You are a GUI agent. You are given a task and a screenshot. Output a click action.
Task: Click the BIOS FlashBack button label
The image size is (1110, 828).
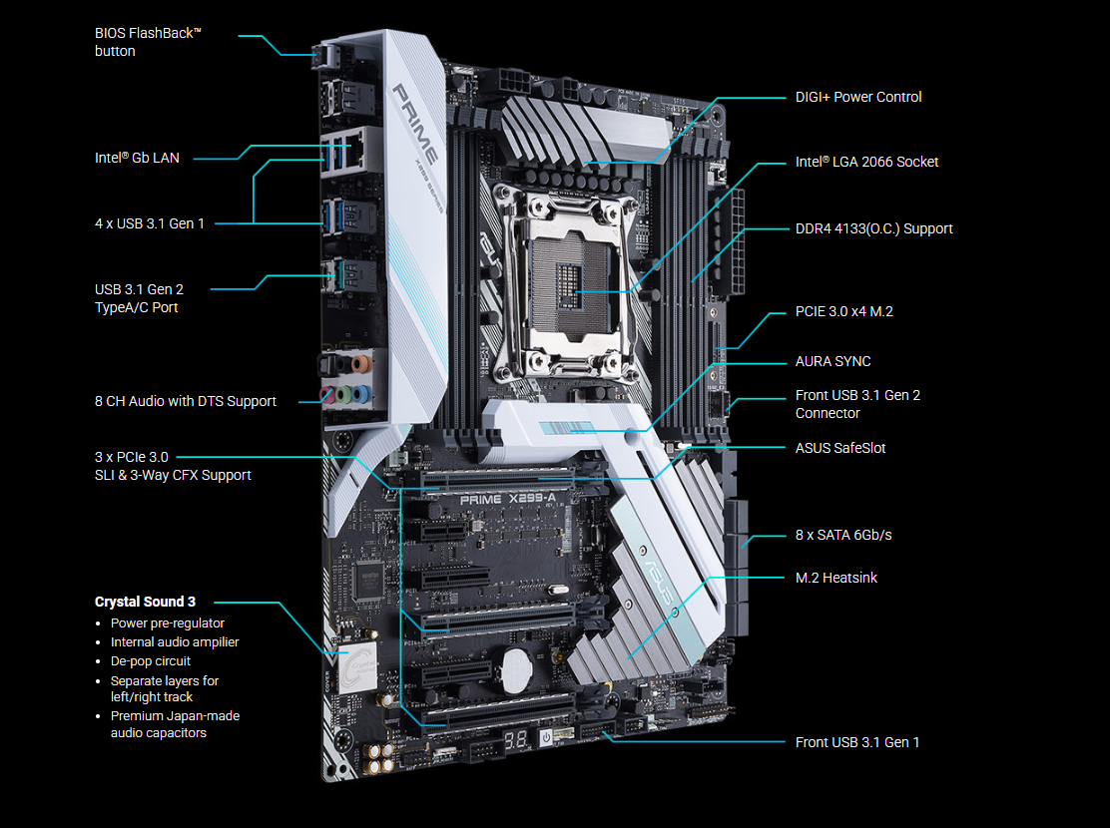(x=148, y=42)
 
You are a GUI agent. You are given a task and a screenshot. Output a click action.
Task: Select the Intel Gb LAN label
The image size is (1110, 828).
(x=138, y=158)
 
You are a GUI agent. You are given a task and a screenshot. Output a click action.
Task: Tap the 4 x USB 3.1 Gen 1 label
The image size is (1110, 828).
(x=150, y=223)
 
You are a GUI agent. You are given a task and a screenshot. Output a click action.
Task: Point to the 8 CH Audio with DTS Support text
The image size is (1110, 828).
(x=186, y=401)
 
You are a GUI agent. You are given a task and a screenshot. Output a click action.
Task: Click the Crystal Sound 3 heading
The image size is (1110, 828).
(x=145, y=602)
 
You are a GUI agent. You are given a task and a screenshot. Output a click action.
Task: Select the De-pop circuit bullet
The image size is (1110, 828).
(x=150, y=661)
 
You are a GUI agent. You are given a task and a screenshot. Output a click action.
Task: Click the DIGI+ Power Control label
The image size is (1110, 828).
(x=858, y=97)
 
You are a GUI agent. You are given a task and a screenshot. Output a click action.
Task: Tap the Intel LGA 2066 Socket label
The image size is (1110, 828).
(x=866, y=162)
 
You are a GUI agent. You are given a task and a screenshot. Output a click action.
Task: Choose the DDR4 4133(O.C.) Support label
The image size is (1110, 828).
(x=873, y=228)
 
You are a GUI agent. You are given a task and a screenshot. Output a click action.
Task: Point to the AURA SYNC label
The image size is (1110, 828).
(x=832, y=362)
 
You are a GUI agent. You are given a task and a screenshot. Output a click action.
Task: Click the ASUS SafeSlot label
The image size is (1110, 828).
(x=840, y=448)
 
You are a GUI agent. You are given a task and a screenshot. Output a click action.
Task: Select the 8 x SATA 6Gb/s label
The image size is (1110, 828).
(x=843, y=535)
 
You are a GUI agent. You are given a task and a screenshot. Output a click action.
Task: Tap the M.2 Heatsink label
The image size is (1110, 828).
(x=836, y=579)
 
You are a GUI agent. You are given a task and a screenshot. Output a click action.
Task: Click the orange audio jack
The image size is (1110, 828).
(x=361, y=364)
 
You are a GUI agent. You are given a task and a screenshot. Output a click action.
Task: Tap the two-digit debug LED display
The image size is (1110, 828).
(x=515, y=741)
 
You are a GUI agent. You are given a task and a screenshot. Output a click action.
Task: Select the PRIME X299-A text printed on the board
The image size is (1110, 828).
(x=508, y=499)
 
